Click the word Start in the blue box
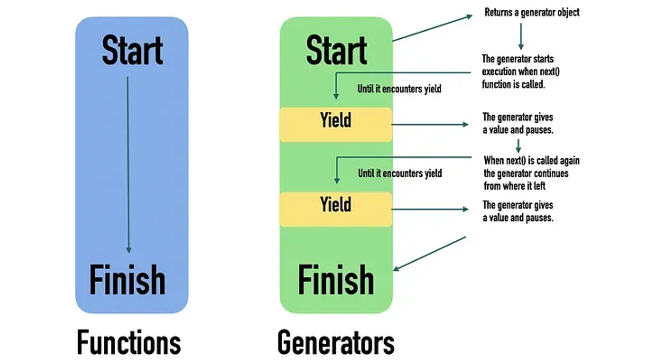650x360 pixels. pyautogui.click(x=132, y=50)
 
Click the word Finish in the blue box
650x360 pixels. pyautogui.click(x=127, y=279)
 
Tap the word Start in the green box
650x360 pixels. pyautogui.click(x=336, y=50)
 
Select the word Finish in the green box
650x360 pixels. pyautogui.click(x=336, y=279)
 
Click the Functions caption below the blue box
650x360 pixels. pyautogui.click(x=129, y=343)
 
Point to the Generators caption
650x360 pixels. pyautogui.click(x=336, y=343)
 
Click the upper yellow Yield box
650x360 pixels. pyautogui.click(x=336, y=124)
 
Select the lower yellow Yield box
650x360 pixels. pyautogui.click(x=336, y=209)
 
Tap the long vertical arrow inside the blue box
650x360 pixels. pyautogui.click(x=128, y=165)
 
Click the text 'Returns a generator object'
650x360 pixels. pyautogui.click(x=532, y=12)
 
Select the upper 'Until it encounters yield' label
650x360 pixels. pyautogui.click(x=399, y=89)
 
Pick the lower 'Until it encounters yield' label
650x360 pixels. pyautogui.click(x=400, y=173)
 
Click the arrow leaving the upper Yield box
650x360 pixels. pyautogui.click(x=430, y=125)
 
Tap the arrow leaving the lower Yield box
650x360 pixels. pyautogui.click(x=430, y=209)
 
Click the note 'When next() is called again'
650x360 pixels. pyautogui.click(x=531, y=173)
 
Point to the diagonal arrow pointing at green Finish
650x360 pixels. pyautogui.click(x=429, y=254)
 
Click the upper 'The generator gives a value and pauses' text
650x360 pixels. pyautogui.click(x=518, y=124)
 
